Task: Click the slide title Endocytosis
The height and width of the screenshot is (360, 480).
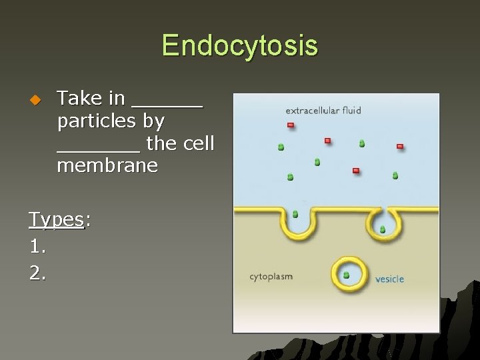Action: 239,46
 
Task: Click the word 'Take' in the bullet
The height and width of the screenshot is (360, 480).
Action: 79,99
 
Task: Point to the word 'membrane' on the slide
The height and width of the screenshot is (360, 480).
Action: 107,165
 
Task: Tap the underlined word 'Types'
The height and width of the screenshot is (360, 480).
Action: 56,220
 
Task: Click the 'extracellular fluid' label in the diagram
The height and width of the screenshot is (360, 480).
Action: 323,110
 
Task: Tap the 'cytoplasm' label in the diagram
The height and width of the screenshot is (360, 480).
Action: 271,276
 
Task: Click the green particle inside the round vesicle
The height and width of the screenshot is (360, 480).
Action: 346,274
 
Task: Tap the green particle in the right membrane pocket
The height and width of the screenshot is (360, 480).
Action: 383,229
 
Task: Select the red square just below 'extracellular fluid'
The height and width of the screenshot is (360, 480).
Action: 291,125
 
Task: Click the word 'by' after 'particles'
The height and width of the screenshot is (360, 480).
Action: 157,121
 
